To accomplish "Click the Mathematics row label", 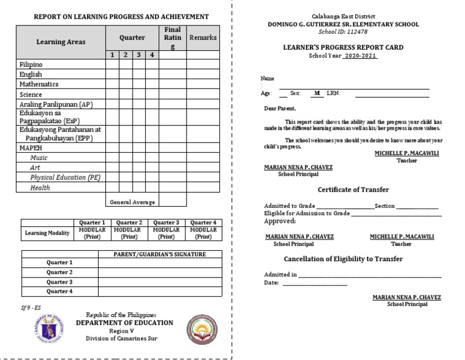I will [x=39, y=84].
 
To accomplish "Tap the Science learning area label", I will [x=30, y=95].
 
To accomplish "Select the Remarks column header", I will [x=203, y=38].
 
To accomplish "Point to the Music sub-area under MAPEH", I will [x=39, y=157].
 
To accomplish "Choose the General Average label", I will [x=132, y=202].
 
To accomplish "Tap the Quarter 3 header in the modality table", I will [x=165, y=222].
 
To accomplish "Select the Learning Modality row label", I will [x=47, y=233].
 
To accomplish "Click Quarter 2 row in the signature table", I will [x=59, y=272].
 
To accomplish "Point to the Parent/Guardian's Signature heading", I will [x=160, y=254].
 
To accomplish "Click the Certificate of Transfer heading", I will [x=354, y=190].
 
